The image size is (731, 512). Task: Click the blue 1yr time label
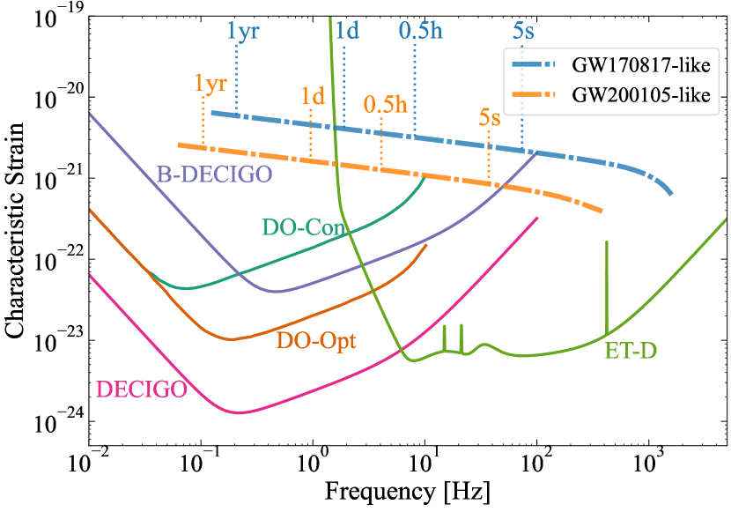click(243, 32)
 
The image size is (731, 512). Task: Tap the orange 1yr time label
click(211, 85)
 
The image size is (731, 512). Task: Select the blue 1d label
click(347, 32)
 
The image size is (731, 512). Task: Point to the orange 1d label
click(313, 96)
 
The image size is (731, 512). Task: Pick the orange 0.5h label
click(385, 104)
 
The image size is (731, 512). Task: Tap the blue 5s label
click(523, 32)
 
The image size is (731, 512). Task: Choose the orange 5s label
click(491, 118)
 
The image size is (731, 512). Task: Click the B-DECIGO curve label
click(214, 174)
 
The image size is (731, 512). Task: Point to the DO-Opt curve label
click(316, 340)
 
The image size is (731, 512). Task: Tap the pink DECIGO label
click(140, 389)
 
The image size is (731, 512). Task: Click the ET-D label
click(631, 351)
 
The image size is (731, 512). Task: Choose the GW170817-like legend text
click(640, 65)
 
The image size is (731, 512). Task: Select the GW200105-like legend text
click(640, 94)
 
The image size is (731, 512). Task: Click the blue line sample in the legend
click(535, 65)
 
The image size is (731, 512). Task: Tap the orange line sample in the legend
click(535, 94)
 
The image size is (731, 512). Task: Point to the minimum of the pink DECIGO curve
click(238, 412)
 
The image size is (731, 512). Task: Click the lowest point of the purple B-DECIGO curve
click(277, 291)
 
